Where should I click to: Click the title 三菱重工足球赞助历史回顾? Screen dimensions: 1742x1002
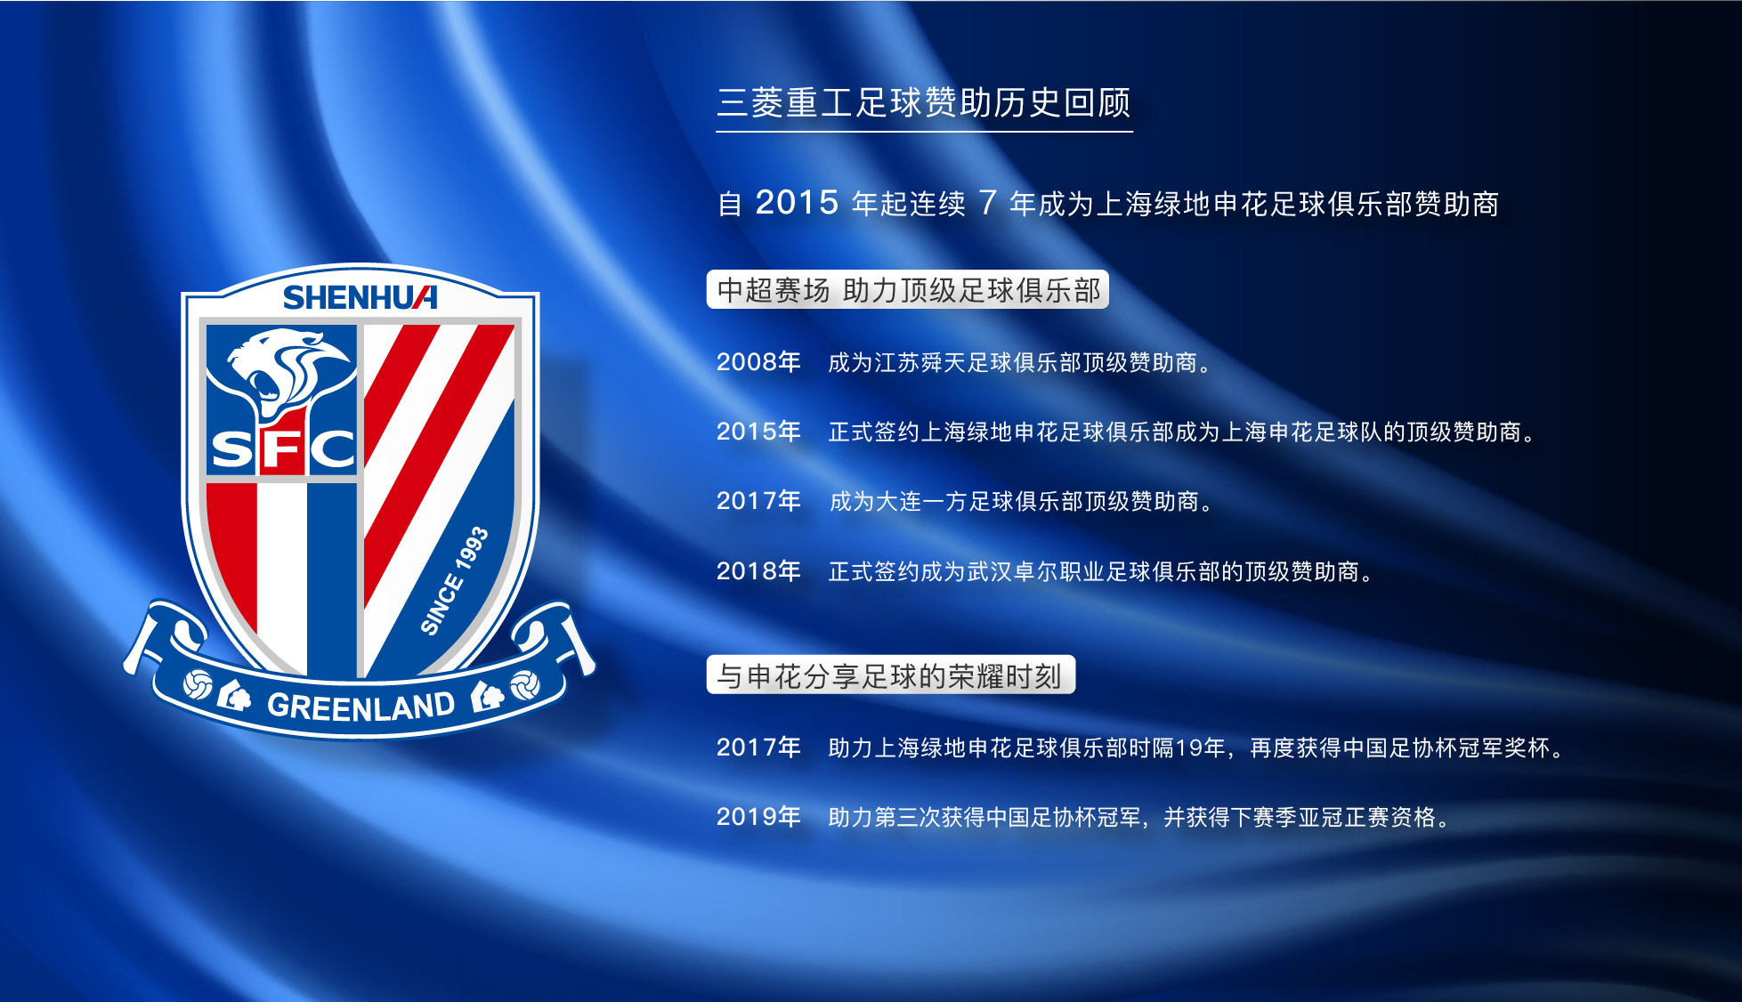click(x=924, y=103)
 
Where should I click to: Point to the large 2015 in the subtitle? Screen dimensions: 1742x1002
click(x=797, y=203)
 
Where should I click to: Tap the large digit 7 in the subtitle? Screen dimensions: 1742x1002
click(x=987, y=203)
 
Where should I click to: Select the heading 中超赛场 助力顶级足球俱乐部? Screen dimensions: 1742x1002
click(x=908, y=290)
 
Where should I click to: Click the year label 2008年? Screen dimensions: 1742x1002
click(x=758, y=362)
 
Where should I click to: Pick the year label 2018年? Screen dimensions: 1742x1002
click(x=758, y=571)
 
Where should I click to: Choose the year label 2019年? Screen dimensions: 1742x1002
click(x=758, y=817)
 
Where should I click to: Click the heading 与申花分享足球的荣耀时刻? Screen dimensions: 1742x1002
click(x=889, y=676)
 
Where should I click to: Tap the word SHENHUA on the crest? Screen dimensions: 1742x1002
click(x=360, y=297)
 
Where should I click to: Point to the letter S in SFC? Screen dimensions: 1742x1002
click(x=233, y=449)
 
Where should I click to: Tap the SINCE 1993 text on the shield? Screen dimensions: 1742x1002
click(x=454, y=580)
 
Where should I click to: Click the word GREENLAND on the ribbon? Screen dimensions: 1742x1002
click(x=361, y=707)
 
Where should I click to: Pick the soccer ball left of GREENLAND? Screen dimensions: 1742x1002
click(x=197, y=685)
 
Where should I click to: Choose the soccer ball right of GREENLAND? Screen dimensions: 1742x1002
click(x=524, y=685)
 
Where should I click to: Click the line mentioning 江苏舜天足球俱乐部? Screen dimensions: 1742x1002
click(x=1020, y=363)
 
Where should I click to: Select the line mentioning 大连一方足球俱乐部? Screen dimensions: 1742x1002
click(x=1021, y=502)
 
